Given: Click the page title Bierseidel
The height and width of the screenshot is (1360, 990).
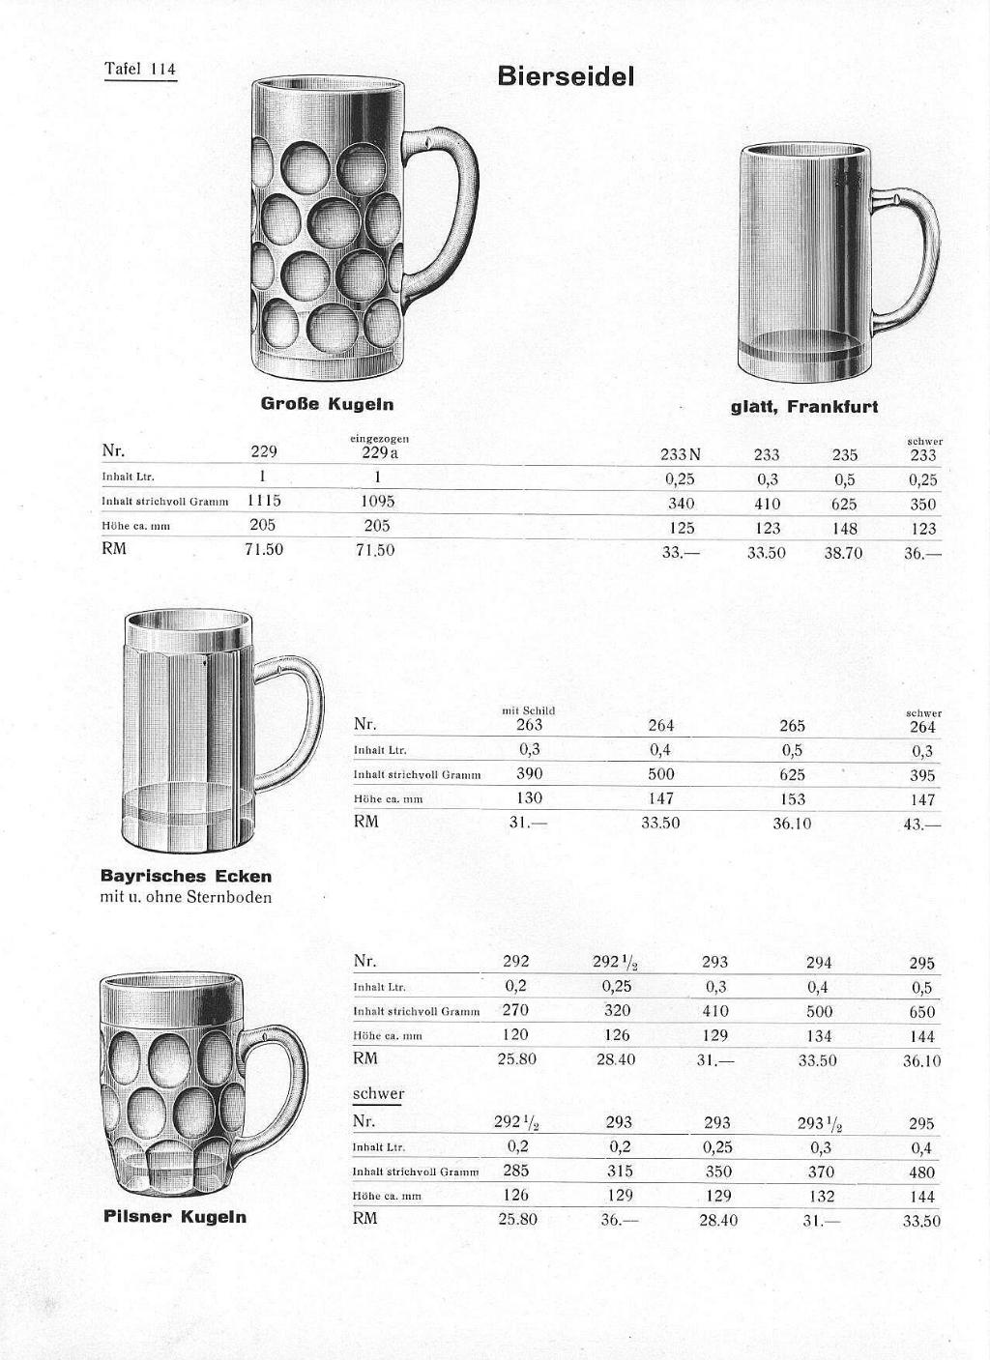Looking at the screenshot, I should click(x=566, y=75).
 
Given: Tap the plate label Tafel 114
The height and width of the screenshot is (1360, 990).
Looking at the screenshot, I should click(x=140, y=69).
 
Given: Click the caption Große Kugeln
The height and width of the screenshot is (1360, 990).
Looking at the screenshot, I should click(x=327, y=403).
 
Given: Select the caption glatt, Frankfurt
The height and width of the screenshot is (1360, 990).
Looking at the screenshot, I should click(x=804, y=407).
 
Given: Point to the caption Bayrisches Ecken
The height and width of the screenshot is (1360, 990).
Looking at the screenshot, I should click(x=187, y=877).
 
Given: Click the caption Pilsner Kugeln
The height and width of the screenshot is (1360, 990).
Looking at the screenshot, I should click(x=175, y=1217).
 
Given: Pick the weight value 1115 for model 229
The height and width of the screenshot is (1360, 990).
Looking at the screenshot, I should click(x=263, y=501).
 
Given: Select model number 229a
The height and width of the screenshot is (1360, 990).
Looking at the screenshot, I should click(x=378, y=452).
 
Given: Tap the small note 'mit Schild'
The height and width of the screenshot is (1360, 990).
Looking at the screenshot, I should click(x=528, y=710).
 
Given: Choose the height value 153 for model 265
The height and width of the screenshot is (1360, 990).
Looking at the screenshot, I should click(x=792, y=799).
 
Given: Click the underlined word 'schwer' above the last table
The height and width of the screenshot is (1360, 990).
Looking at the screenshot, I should click(x=378, y=1094).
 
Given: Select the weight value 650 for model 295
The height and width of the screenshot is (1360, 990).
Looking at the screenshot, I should click(x=921, y=1012).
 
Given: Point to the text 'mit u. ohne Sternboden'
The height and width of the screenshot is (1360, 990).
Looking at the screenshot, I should click(x=187, y=897).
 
